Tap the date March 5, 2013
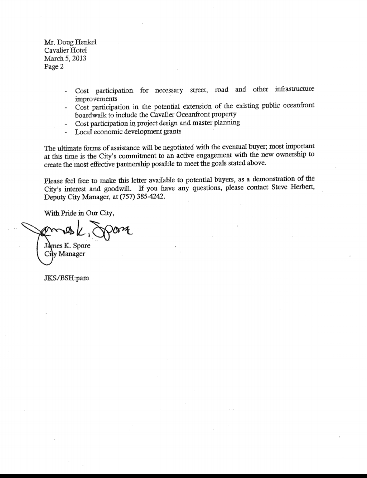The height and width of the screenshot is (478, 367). pyautogui.click(x=65, y=58)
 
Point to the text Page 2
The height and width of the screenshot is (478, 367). pyautogui.click(x=54, y=66)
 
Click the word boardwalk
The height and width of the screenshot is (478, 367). pyautogui.click(x=90, y=115)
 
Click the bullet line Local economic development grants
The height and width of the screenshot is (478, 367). pyautogui.click(x=128, y=131)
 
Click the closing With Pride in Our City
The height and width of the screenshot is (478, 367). pyautogui.click(x=79, y=213)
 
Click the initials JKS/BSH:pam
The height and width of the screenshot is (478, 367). pyautogui.click(x=66, y=278)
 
